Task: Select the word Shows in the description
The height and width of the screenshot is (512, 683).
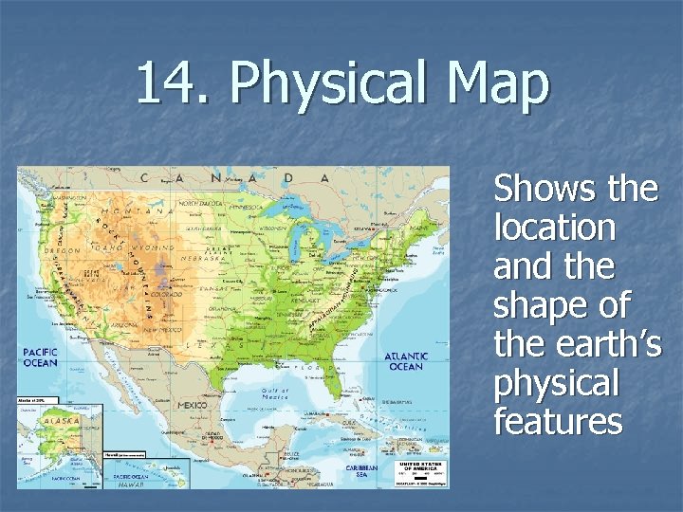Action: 539,189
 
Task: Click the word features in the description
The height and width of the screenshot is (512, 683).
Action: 558,421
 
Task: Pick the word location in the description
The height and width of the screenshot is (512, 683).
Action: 555,228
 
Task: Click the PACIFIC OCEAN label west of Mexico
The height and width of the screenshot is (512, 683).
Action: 42,357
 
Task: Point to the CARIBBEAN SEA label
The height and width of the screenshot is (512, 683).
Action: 360,470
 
